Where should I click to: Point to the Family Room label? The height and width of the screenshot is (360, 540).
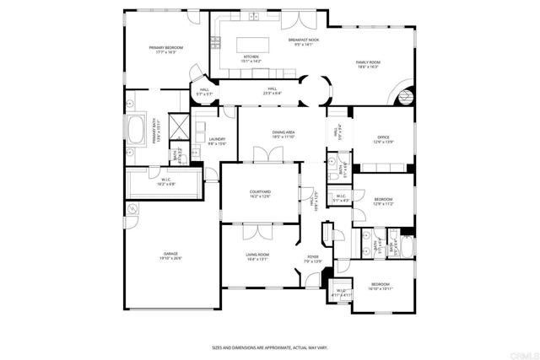tap(367, 64)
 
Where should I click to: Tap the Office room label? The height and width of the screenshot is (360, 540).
tap(383, 139)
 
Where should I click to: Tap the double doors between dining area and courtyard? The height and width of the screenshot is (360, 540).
tap(267, 156)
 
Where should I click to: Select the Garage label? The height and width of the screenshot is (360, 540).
tap(171, 256)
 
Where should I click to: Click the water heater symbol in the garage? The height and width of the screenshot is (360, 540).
tap(132, 208)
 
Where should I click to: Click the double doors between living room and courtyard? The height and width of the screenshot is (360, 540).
tap(255, 229)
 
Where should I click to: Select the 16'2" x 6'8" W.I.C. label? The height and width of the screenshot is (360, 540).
tap(166, 180)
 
